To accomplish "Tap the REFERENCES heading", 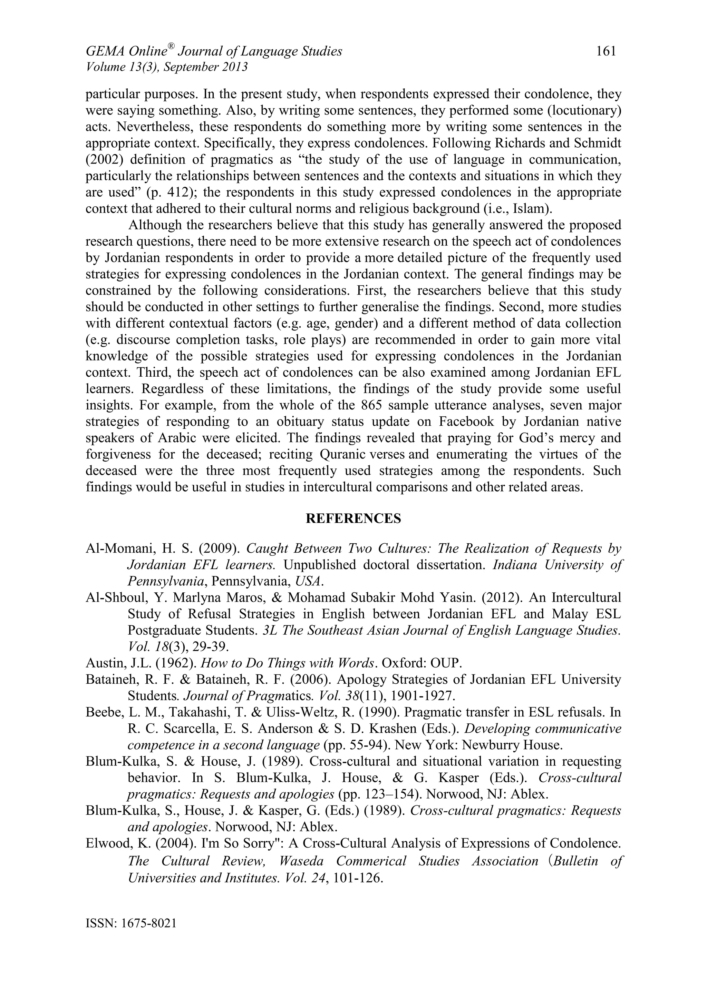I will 353,518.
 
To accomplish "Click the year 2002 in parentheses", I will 105,160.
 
